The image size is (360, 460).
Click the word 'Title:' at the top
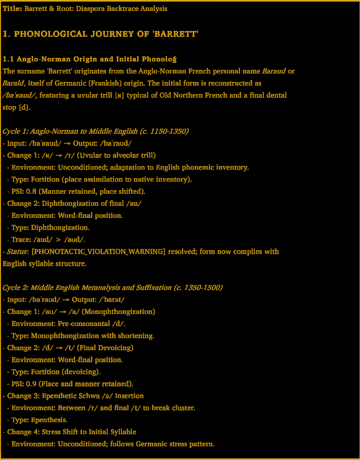pyautogui.click(x=13, y=9)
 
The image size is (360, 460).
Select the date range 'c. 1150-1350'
pyautogui.click(x=163, y=131)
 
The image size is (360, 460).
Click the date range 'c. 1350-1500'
pyautogui.click(x=197, y=287)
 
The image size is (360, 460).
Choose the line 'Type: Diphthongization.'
pyautogui.click(x=50, y=227)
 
